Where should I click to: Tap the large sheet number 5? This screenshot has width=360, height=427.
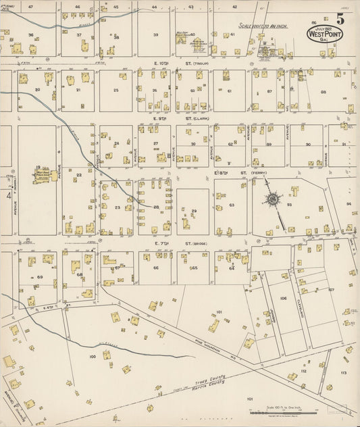click(x=341, y=18)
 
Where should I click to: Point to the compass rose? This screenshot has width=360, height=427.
click(x=273, y=199)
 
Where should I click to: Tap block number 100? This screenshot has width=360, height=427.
click(x=92, y=355)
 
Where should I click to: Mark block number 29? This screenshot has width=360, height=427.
click(x=193, y=211)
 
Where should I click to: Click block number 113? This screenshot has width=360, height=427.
click(x=344, y=372)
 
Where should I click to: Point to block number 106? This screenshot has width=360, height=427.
click(x=283, y=297)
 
